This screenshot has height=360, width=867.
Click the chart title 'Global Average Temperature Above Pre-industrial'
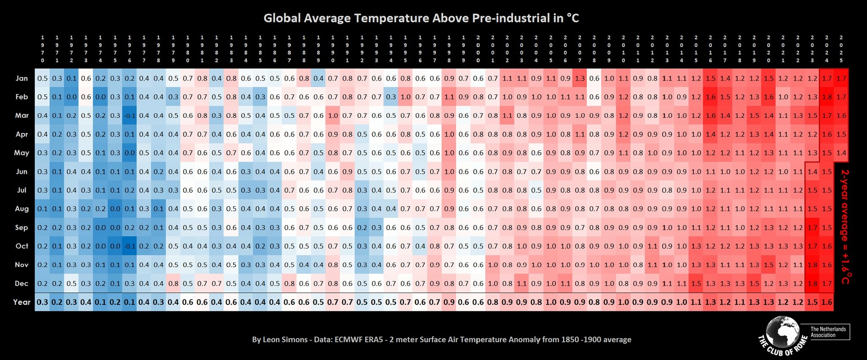pyautogui.click(x=421, y=18)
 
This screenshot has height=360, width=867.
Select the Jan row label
pyautogui.click(x=22, y=78)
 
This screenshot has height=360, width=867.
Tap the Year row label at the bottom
pyautogui.click(x=22, y=302)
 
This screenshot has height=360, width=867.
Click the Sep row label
pyautogui.click(x=22, y=227)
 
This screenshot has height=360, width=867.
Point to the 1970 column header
pyautogui.click(x=42, y=49)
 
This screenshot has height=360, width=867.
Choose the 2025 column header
pyautogui.click(x=841, y=49)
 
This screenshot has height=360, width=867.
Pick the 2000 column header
pyautogui.click(x=478, y=49)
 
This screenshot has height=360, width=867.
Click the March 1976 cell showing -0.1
pyautogui.click(x=130, y=116)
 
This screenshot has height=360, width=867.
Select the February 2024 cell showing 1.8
pyautogui.click(x=826, y=97)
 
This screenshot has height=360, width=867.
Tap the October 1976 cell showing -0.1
pyautogui.click(x=130, y=246)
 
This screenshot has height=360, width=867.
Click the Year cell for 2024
pyautogui.click(x=826, y=302)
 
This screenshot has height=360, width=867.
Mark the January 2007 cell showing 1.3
pyautogui.click(x=580, y=78)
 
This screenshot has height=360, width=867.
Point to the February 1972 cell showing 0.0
pyautogui.click(x=72, y=97)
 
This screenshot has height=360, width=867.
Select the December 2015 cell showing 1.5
pyautogui.click(x=696, y=283)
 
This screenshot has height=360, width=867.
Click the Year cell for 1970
pyautogui.click(x=42, y=302)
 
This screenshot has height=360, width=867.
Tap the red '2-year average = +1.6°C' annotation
pyautogui.click(x=845, y=227)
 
